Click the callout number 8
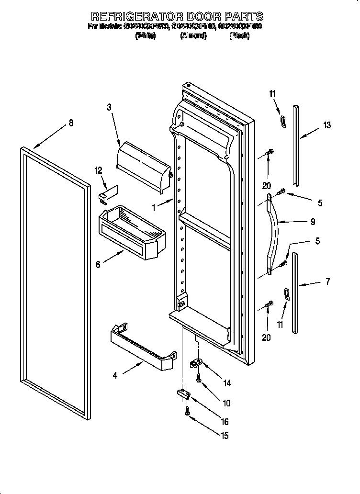[x=71, y=123]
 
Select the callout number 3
[x=109, y=108]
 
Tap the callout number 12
[x=99, y=170]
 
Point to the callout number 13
[x=327, y=125]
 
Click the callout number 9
[x=314, y=222]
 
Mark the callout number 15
[x=225, y=436]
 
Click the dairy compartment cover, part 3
[x=144, y=163]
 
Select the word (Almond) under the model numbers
[x=193, y=36]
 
